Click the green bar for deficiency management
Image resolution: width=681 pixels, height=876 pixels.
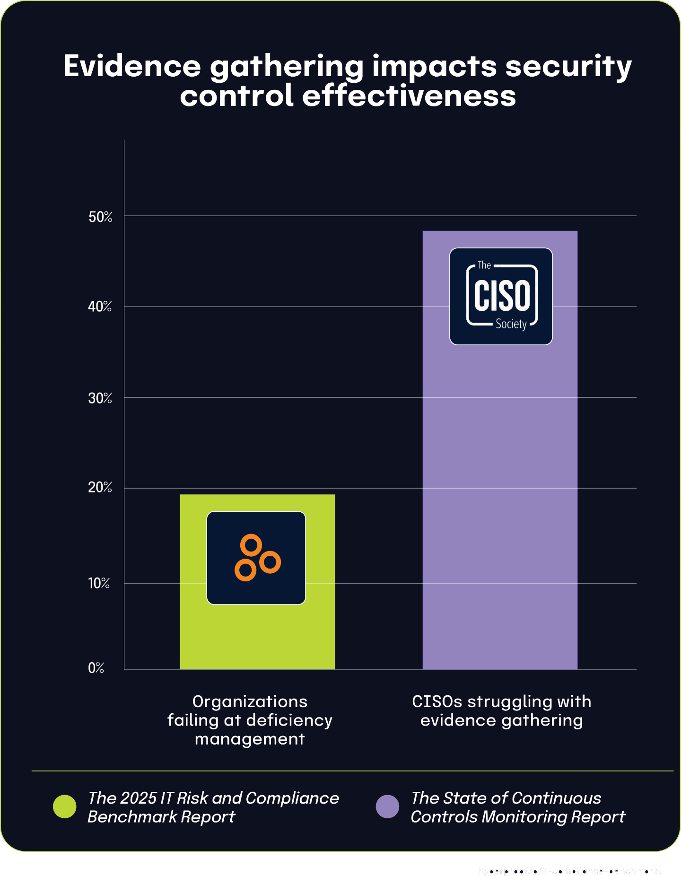click(x=257, y=634)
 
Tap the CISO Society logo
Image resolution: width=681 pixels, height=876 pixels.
click(x=501, y=296)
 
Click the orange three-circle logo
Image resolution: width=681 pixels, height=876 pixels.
click(x=256, y=558)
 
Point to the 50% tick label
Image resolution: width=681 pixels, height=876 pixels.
click(x=100, y=217)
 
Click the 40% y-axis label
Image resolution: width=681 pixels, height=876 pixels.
click(x=100, y=307)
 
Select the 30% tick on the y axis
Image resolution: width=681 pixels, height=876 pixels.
click(x=100, y=398)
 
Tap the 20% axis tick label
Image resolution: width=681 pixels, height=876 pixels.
click(x=100, y=488)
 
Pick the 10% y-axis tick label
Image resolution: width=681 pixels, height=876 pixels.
click(x=99, y=583)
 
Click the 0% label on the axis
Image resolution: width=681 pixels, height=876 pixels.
click(x=96, y=668)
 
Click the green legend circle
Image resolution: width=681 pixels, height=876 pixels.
click(x=65, y=806)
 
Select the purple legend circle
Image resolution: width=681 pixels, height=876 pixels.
click(x=387, y=806)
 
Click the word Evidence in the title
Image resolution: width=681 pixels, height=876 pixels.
click(x=132, y=66)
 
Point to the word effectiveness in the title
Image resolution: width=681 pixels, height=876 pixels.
click(x=409, y=96)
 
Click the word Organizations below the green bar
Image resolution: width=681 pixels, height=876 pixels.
click(x=250, y=701)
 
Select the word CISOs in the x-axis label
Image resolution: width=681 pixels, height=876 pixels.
click(x=437, y=701)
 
